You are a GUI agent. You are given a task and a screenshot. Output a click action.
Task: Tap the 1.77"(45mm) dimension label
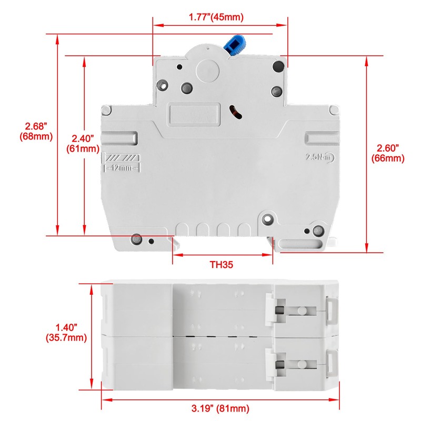point(216,17)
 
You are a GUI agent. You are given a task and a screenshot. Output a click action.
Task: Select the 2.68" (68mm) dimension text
point(36,131)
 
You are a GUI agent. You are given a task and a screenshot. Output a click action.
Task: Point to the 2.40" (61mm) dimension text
point(83,143)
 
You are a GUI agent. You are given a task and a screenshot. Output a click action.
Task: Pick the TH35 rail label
point(222,265)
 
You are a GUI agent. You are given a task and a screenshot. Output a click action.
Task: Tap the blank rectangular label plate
point(193,115)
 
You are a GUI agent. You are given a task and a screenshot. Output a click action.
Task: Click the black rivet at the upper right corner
point(278,67)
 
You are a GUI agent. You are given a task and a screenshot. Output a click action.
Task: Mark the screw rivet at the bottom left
point(136,238)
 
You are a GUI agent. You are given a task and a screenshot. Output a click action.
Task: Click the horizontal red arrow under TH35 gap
point(222,255)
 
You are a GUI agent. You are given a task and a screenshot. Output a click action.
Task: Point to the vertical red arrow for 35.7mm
point(93,337)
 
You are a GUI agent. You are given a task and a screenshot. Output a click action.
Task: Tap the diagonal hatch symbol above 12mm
point(123,157)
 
